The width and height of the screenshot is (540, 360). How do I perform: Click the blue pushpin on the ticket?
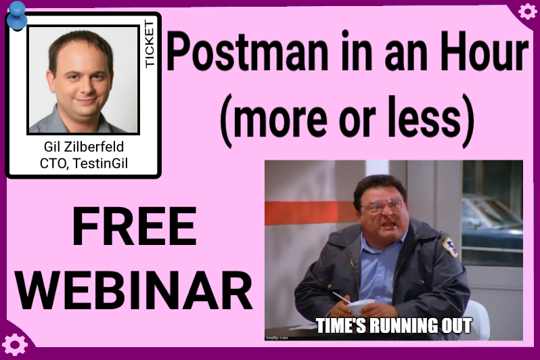pos(16,16)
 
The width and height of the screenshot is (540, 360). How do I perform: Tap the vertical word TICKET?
pos(150,44)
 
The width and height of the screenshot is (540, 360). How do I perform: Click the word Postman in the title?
pos(248,52)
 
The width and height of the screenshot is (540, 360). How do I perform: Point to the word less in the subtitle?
pos(424,116)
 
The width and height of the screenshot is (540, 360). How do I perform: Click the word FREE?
pos(134,226)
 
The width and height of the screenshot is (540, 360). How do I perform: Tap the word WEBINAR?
pos(135,290)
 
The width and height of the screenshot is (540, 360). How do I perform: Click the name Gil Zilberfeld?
pos(84,147)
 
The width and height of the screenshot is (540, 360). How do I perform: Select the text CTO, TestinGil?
pos(84,163)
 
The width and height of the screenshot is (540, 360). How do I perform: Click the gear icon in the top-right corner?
pos(527,11)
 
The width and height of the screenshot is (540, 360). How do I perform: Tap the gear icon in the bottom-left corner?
pos(14,344)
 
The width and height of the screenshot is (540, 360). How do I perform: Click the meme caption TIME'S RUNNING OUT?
pos(394,325)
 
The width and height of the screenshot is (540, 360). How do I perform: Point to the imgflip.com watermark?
pos(277,338)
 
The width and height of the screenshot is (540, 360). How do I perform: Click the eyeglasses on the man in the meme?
pos(383,204)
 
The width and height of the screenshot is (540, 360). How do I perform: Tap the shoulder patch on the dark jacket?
pos(451,247)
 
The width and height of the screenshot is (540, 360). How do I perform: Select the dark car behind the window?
pos(492,223)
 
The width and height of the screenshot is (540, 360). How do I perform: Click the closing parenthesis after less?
pos(468,120)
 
